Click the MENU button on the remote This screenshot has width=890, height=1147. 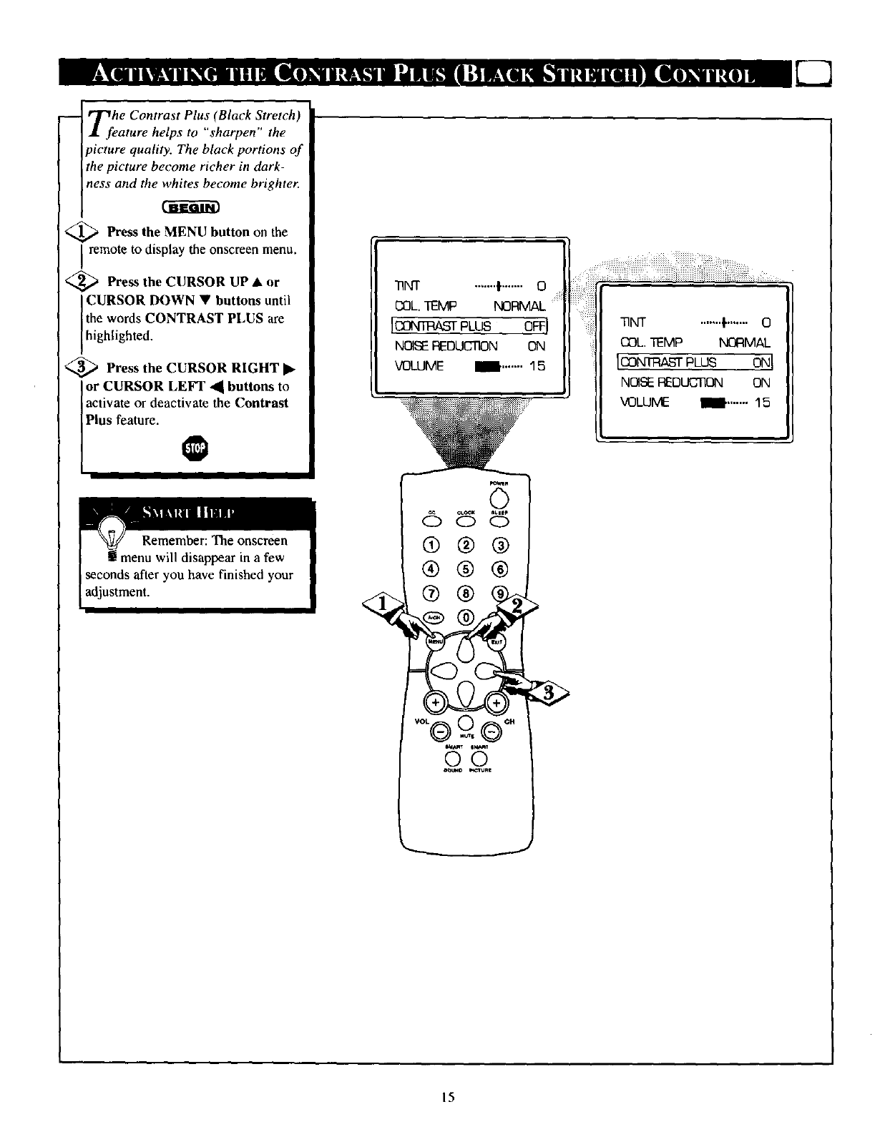click(x=435, y=641)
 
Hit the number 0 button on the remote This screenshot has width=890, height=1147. click(x=466, y=617)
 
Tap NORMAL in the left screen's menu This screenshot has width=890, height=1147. click(x=519, y=307)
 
